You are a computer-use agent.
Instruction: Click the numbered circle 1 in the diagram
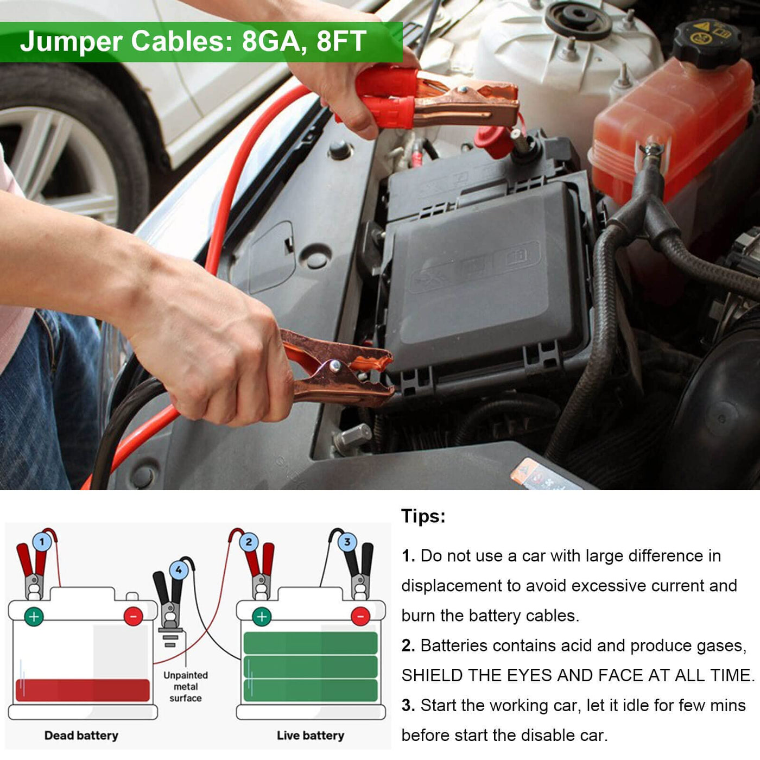point(42,542)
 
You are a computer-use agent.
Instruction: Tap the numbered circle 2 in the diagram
point(249,542)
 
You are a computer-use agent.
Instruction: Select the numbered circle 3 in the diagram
point(347,542)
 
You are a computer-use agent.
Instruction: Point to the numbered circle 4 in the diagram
point(179,571)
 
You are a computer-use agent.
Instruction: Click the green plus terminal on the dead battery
point(34,617)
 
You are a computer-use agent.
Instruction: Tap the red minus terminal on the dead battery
point(134,617)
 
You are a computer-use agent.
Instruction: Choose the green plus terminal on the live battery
point(262,617)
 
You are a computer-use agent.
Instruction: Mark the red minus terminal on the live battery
point(360,617)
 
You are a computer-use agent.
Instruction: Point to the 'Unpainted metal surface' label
point(185,687)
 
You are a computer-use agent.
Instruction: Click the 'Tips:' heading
point(423,516)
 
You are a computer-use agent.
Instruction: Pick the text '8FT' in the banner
point(341,41)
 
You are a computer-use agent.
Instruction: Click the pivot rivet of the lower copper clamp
point(335,365)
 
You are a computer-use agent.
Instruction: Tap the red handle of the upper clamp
point(384,96)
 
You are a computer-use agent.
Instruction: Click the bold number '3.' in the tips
point(408,706)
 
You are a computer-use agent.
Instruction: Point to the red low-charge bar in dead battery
point(83,691)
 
